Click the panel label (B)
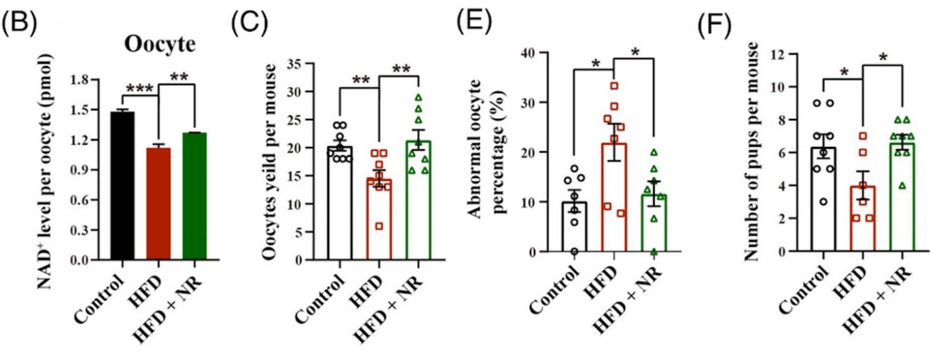(20, 25)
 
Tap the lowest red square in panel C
(379, 226)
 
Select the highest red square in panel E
(614, 86)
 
